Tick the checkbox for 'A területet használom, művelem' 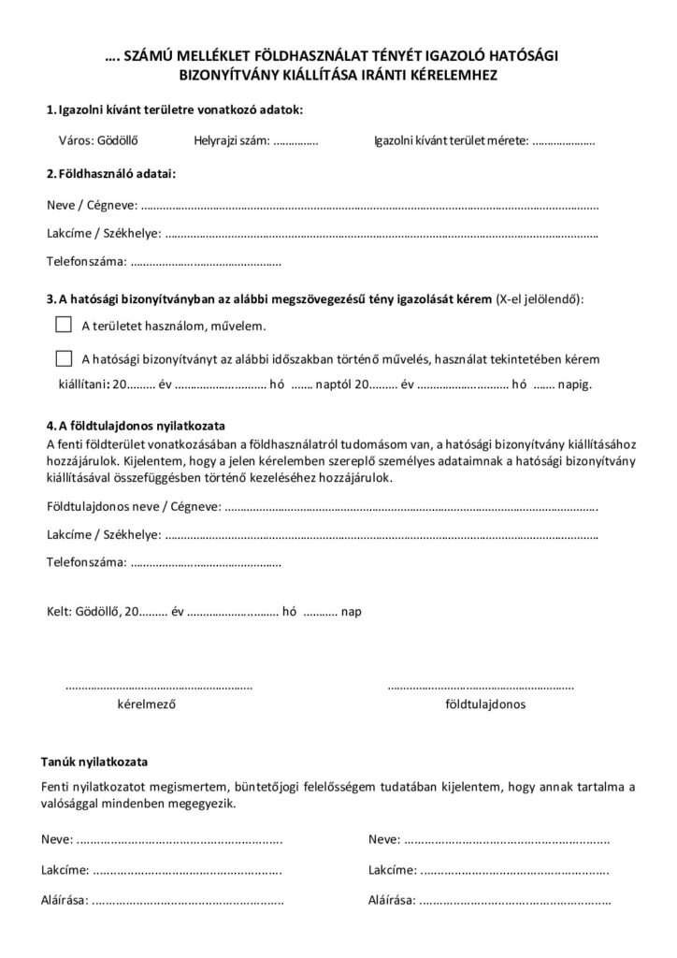pos(64,325)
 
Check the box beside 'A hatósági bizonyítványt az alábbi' pos(64,357)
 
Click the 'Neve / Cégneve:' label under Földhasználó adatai pos(91,204)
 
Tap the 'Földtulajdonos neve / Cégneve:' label pos(134,506)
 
